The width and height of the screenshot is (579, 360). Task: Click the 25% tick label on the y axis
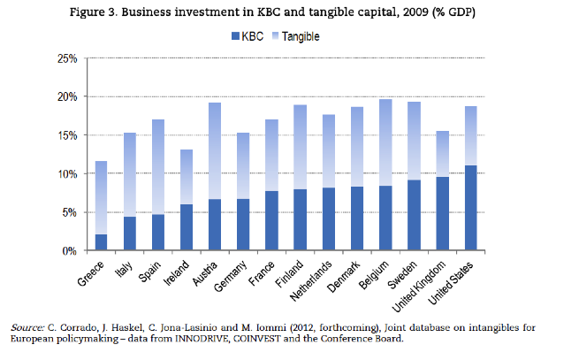pos(66,58)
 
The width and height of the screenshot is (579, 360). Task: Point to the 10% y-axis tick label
pos(66,173)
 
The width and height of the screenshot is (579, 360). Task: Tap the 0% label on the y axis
pos(70,251)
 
